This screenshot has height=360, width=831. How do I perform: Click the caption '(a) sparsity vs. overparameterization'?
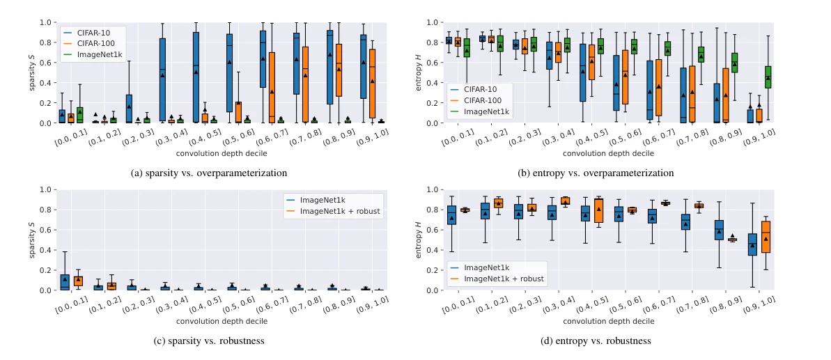point(209,173)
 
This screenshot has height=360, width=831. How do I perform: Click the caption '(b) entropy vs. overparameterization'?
point(596,173)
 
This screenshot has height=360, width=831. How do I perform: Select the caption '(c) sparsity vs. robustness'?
point(209,341)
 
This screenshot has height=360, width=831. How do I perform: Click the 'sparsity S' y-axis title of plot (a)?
point(32,72)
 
